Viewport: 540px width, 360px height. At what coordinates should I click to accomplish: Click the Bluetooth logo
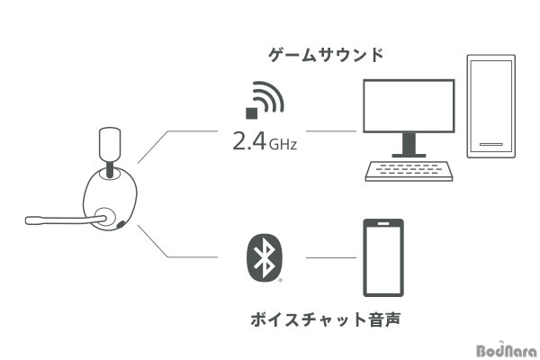(265, 257)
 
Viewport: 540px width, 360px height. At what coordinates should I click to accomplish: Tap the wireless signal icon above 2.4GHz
(265, 100)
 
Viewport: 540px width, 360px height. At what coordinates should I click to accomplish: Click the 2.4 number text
(249, 140)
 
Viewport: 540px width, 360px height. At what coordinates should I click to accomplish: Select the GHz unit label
(283, 144)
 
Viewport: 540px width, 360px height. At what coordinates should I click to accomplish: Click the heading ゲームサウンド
(326, 55)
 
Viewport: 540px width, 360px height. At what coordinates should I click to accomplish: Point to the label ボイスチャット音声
(326, 319)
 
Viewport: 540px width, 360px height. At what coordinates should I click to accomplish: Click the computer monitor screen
(409, 106)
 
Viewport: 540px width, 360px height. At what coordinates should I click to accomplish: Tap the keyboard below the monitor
(409, 171)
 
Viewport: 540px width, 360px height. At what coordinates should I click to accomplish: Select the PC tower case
(491, 106)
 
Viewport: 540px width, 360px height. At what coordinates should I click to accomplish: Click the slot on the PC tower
(491, 144)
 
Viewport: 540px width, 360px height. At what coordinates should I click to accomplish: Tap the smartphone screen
(383, 259)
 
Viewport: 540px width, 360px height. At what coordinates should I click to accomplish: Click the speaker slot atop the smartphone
(383, 223)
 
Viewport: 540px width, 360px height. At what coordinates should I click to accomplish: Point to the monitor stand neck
(409, 143)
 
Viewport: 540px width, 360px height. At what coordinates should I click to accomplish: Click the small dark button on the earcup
(121, 224)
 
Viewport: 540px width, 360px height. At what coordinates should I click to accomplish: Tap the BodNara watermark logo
(507, 350)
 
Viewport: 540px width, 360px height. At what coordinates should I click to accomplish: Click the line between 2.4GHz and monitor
(331, 130)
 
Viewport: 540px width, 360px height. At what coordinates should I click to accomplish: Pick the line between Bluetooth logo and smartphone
(331, 257)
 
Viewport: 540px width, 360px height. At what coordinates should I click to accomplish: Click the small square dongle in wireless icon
(252, 113)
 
